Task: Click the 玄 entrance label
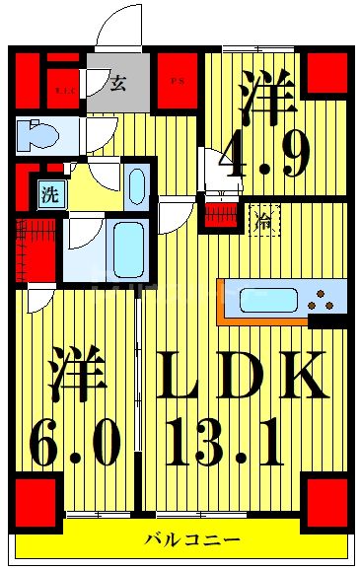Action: (x=117, y=83)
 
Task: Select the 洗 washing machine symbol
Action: (x=48, y=194)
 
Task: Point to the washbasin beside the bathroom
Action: (x=136, y=185)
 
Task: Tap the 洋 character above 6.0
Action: (x=75, y=373)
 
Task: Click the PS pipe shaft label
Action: (x=179, y=81)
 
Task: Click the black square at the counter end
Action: (x=324, y=321)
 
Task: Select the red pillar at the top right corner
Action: (x=326, y=73)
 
